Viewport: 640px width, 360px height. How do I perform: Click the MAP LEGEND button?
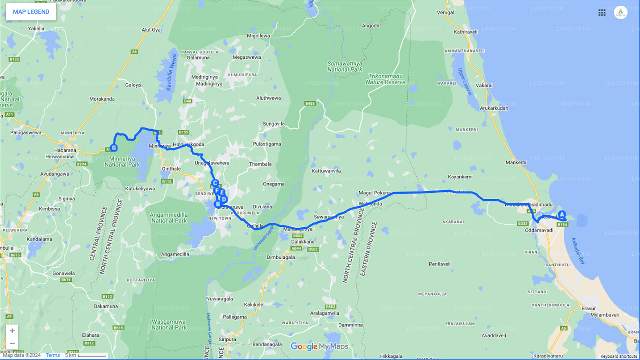tap(31, 12)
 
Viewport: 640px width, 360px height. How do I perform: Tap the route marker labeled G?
tap(114, 148)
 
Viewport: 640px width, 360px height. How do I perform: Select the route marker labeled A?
tap(562, 214)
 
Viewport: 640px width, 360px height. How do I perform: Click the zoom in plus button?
tap(12, 331)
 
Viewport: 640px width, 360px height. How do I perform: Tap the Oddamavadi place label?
tap(539, 230)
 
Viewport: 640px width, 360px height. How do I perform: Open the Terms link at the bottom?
tap(53, 356)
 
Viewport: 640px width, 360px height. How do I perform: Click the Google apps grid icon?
tap(602, 13)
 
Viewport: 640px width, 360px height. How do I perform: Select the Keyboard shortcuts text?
tap(618, 356)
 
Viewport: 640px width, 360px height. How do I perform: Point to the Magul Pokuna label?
tap(375, 193)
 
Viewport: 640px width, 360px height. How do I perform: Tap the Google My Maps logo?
tap(319, 347)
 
